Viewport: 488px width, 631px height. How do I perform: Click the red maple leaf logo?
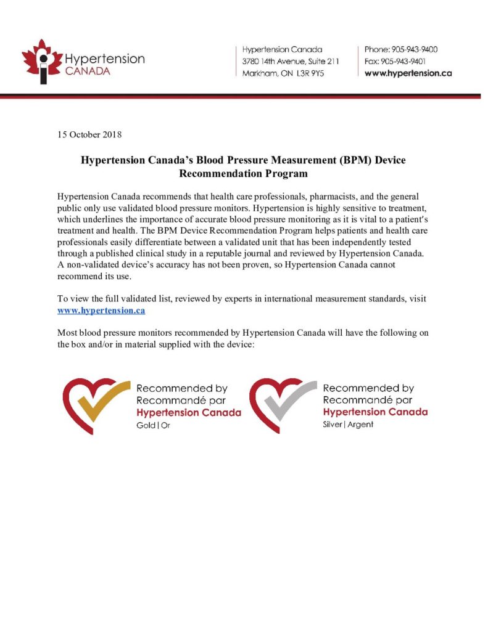42,60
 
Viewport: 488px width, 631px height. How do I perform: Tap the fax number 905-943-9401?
409,61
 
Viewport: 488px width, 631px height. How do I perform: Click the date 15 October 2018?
89,134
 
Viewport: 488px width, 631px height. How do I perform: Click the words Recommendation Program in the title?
243,173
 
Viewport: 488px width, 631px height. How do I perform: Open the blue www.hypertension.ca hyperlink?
101,310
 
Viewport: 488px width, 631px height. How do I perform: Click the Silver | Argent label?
348,425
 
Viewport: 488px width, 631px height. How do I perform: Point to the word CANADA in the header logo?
88,71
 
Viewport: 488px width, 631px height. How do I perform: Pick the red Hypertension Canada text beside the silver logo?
375,412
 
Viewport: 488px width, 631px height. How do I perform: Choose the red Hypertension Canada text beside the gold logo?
188,412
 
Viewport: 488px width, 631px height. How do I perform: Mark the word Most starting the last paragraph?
67,333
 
